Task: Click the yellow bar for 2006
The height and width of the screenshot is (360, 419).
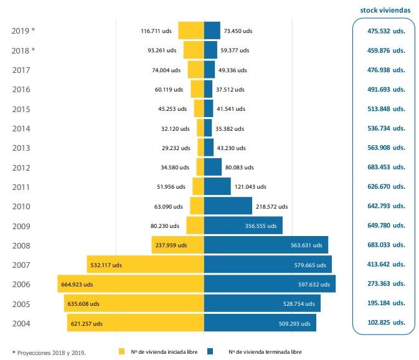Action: tap(131, 284)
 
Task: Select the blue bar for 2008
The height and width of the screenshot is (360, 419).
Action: tap(266, 245)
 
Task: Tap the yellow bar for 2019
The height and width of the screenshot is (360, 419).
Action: tap(191, 31)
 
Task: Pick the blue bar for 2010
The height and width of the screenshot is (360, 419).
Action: tap(228, 206)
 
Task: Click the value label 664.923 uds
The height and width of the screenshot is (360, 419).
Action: tap(77, 284)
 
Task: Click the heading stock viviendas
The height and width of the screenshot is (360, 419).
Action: tap(385, 10)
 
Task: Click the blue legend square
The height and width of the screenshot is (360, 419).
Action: tap(210, 351)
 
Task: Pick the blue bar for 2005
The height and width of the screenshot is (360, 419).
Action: tap(262, 303)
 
